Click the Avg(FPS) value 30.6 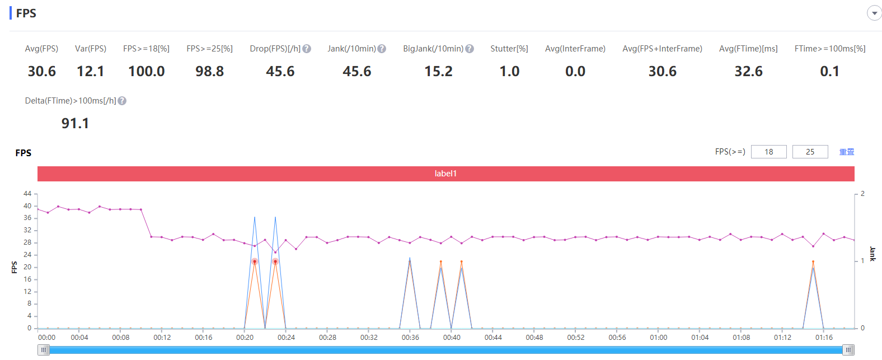click(x=42, y=71)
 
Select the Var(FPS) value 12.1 click(x=91, y=71)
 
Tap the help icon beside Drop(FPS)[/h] click(x=307, y=49)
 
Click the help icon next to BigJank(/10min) click(x=470, y=49)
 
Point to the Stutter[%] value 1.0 click(x=509, y=71)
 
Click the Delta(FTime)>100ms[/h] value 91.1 click(x=75, y=123)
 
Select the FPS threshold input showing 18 click(x=768, y=152)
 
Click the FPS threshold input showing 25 click(x=810, y=152)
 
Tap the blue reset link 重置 click(x=847, y=152)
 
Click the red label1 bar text click(x=445, y=174)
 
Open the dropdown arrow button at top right click(x=874, y=13)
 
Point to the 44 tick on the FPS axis click(x=27, y=193)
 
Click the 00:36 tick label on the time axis click(x=410, y=338)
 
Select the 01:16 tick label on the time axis click(x=824, y=338)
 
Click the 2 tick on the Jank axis click(x=863, y=193)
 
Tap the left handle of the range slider click(x=44, y=350)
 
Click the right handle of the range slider click(x=848, y=350)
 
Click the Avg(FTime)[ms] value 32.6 click(x=748, y=71)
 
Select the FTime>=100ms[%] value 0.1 click(x=829, y=71)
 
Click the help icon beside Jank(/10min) click(x=382, y=49)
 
